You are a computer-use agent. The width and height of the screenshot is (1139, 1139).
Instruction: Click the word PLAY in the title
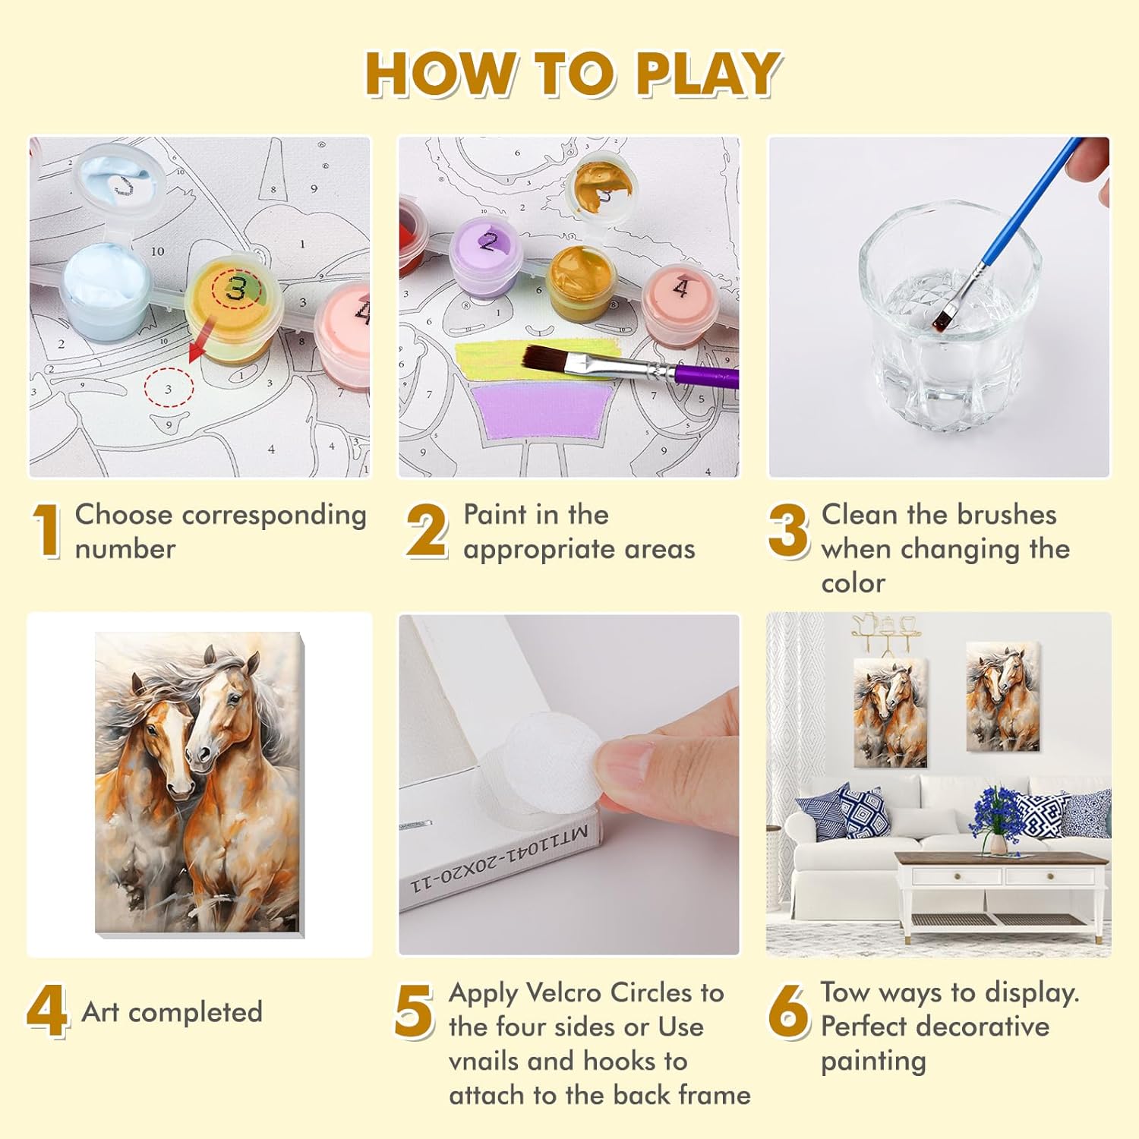coord(708,74)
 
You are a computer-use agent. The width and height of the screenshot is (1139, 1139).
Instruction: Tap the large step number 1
coord(47,532)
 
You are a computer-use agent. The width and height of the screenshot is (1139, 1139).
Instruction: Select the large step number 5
coord(414,1011)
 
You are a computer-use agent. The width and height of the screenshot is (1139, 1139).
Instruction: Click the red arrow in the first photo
coord(199,345)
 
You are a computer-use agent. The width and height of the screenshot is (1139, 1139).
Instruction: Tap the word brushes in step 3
coord(996,515)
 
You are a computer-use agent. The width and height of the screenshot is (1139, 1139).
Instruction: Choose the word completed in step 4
coord(195,1013)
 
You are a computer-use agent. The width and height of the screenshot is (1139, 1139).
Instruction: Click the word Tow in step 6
coord(844,992)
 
